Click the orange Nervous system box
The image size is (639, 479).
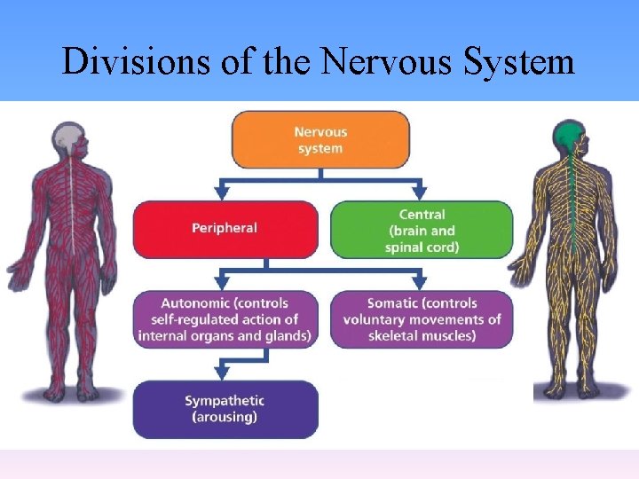pos(320,139)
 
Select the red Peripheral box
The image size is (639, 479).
pos(225,229)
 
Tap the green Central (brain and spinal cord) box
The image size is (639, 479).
pos(422,230)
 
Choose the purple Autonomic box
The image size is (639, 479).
pos(225,319)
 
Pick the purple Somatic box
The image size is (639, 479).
pos(422,319)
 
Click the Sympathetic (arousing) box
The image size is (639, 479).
pos(225,409)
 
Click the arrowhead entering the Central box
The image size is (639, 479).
pos(419,192)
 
